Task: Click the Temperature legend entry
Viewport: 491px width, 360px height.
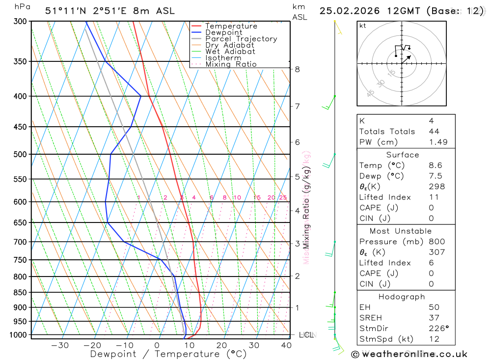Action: (231, 26)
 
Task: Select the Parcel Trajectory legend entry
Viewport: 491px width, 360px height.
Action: (241, 39)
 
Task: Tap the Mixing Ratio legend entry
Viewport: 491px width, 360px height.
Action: (231, 64)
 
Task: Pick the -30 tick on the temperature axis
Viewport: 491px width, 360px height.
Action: (60, 345)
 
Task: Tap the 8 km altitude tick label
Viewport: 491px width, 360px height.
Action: (298, 69)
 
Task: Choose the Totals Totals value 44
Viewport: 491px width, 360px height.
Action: (434, 132)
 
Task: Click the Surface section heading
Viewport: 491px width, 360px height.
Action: (403, 155)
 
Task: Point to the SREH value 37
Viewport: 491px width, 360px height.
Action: (434, 318)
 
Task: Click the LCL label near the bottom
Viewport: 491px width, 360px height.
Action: (306, 335)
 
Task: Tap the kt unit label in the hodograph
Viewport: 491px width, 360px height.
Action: (363, 26)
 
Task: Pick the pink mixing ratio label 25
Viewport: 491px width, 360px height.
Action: (283, 197)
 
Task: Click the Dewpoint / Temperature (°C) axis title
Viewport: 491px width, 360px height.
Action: (168, 354)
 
